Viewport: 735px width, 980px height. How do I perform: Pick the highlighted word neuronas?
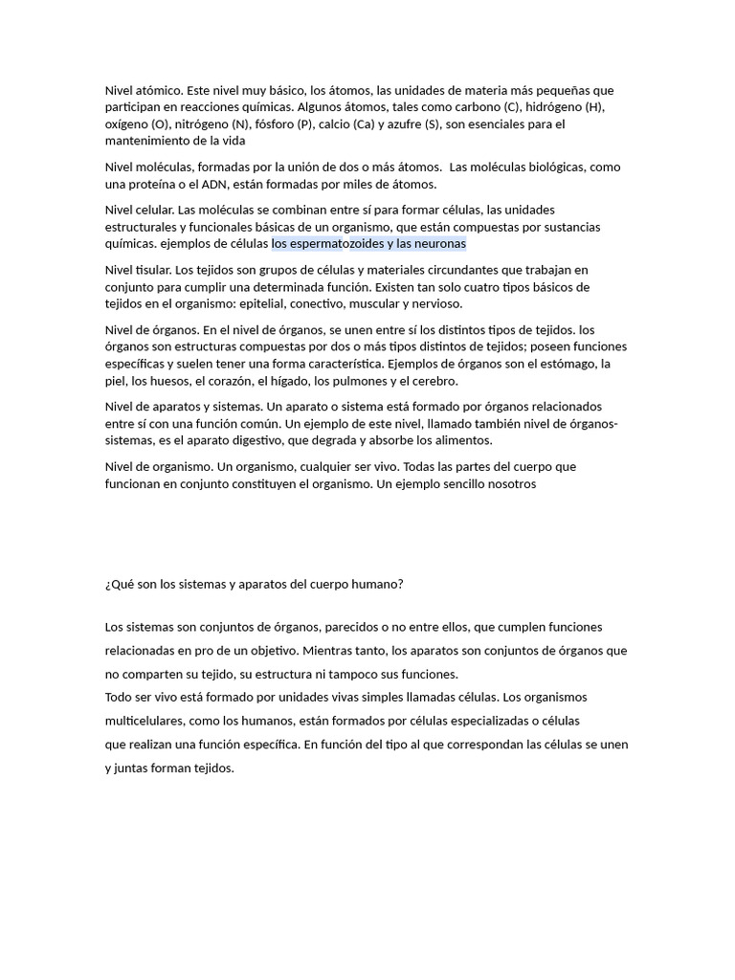pos(437,244)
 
